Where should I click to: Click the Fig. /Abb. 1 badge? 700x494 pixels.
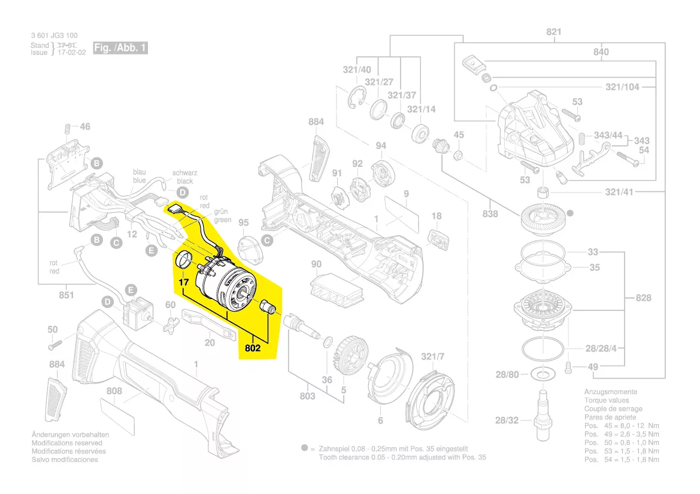coord(120,48)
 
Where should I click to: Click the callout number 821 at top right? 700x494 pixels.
coord(554,32)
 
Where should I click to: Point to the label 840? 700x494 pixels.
coord(601,52)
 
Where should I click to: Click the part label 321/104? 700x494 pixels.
coord(622,87)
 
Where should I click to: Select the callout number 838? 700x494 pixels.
coord(490,214)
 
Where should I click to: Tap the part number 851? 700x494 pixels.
coord(66,294)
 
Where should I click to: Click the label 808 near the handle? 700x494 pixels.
coord(114,391)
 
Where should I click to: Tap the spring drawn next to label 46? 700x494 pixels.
coord(67,129)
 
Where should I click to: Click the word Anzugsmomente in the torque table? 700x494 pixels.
coord(610,392)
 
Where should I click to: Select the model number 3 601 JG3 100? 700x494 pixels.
coord(54,36)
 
